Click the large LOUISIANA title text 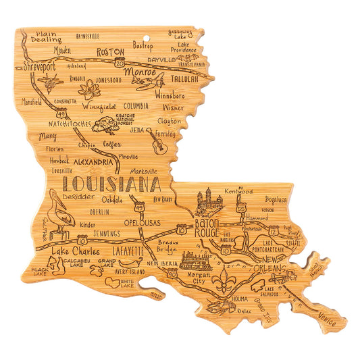111,184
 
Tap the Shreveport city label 39,67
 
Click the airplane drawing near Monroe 149,82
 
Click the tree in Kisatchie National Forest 106,124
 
